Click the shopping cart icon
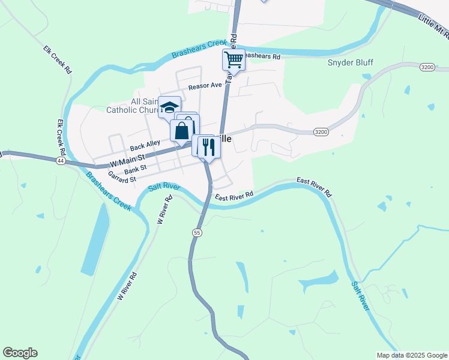234,60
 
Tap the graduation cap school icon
170,107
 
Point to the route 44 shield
61,161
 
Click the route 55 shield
197,232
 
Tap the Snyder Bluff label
351,62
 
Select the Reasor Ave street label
205,86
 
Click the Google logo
20,353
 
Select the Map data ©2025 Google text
412,355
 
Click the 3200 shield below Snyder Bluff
427,67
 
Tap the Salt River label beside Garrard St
164,187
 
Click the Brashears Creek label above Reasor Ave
197,49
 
